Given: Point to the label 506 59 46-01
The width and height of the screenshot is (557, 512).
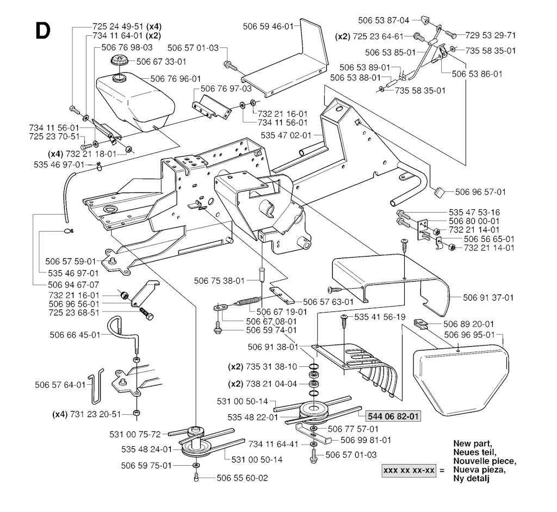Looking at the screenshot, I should tap(269, 26).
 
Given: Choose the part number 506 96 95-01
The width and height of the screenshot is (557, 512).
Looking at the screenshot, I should tap(469, 335).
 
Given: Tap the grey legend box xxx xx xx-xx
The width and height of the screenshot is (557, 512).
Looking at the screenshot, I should tap(409, 470).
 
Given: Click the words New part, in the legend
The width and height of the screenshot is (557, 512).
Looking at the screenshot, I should tap(472, 444).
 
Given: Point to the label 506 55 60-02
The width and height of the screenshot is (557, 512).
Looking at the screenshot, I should tap(242, 478).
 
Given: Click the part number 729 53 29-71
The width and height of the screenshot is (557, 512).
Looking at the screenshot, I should tap(491, 35).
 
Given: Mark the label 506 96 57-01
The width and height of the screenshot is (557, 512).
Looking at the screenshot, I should tap(481, 192).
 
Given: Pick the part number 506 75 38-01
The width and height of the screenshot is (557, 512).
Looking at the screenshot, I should tap(220, 280).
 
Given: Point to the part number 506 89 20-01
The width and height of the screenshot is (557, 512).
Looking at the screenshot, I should tap(469, 323).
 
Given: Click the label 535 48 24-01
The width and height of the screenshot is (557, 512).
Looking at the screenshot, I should tap(146, 449).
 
